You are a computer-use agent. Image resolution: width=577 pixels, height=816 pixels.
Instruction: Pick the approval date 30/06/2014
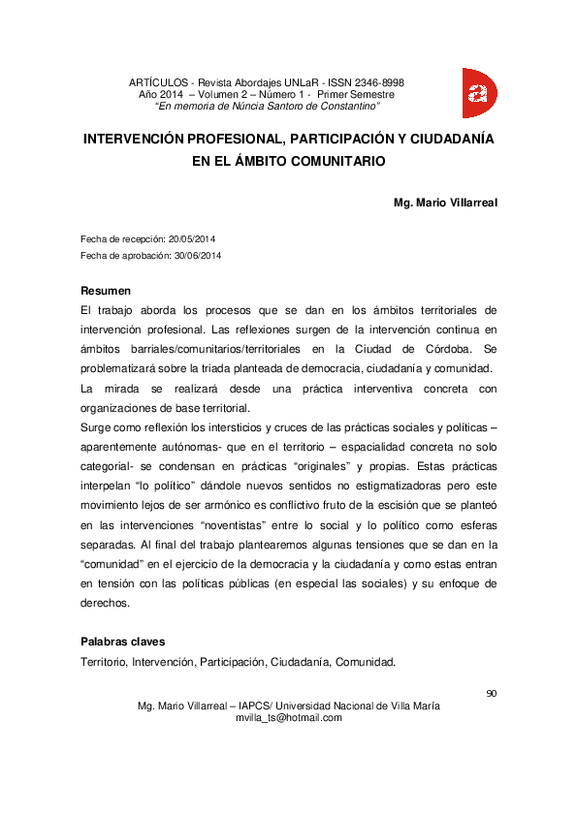(198, 255)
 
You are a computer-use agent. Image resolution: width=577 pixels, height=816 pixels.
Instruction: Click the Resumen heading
(106, 291)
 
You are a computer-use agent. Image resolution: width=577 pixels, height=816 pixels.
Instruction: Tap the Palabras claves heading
(123, 642)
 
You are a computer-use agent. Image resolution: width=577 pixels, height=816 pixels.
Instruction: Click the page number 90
(491, 693)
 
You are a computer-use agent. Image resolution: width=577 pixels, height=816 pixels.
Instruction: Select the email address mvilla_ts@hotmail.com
(289, 718)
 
